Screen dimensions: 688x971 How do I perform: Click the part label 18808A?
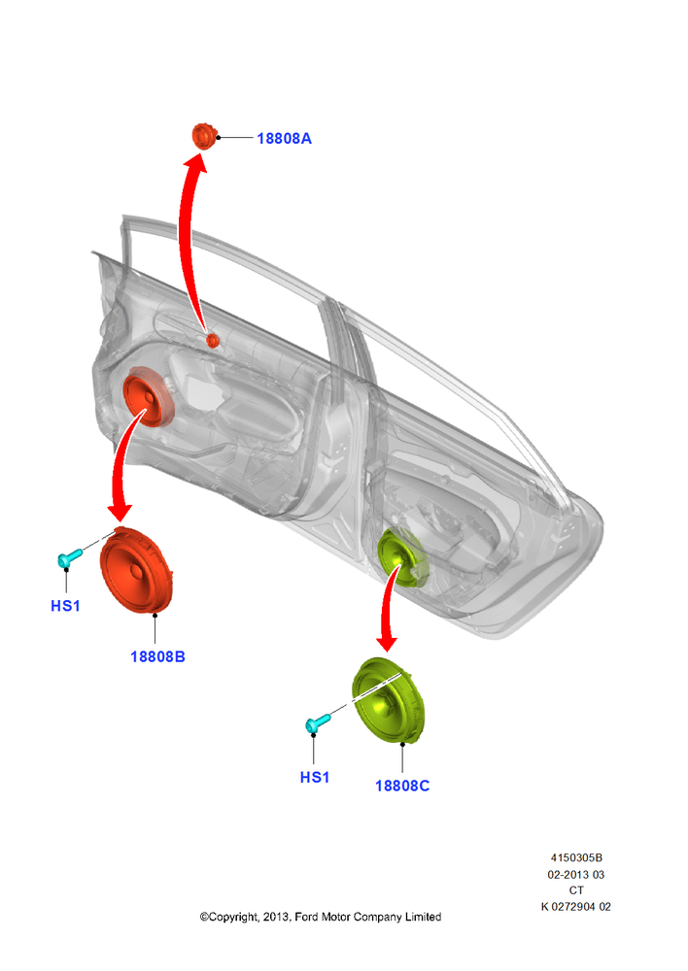284,139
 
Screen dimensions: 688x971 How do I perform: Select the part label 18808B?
157,656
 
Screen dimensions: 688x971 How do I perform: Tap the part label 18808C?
402,786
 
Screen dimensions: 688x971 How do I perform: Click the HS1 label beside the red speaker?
65,606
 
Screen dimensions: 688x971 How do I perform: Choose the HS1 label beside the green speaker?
314,777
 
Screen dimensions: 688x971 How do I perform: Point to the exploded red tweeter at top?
203,136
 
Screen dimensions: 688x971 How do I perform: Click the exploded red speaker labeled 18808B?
136,570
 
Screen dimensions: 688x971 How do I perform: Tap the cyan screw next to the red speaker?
70,557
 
